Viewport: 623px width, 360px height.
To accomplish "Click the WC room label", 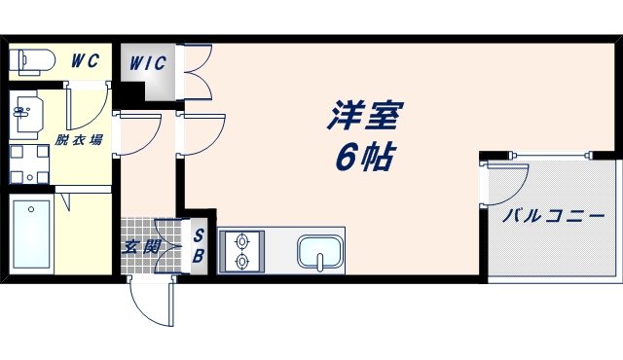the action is coord(85,60).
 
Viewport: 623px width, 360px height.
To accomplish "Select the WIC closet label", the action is coord(149,63).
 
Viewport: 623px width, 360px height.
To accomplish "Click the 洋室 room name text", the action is coord(364,119).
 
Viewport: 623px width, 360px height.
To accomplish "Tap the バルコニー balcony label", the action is coord(553,216).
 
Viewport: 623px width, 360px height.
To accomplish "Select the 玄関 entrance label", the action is coord(139,246).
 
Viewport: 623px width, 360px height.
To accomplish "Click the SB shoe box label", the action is coord(198,246).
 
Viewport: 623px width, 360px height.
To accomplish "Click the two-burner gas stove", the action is coord(240,251).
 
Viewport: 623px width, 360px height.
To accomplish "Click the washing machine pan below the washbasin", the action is coord(29,163).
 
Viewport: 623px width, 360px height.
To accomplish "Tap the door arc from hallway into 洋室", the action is coord(202,135).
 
